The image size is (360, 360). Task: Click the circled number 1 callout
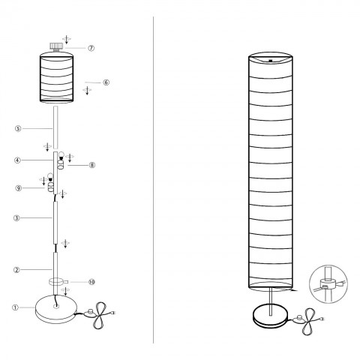pyautogui.click(x=16, y=307)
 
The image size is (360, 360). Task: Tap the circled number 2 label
pyautogui.click(x=16, y=270)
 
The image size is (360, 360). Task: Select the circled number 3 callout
pyautogui.click(x=16, y=218)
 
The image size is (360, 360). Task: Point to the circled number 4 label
pyautogui.click(x=17, y=160)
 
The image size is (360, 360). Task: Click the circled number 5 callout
pyautogui.click(x=18, y=128)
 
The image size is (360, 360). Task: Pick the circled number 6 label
pyautogui.click(x=106, y=82)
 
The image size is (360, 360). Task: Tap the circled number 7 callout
pyautogui.click(x=91, y=48)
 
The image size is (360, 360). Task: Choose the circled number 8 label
pyautogui.click(x=92, y=165)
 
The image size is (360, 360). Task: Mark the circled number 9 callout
pyautogui.click(x=19, y=188)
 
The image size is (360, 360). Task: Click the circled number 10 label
pyautogui.click(x=91, y=282)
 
